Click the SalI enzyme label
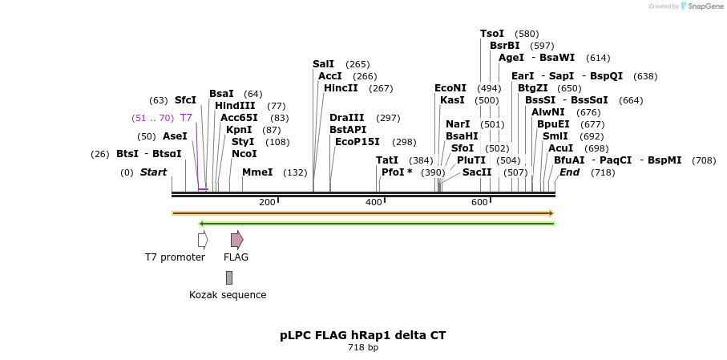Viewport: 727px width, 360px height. pyautogui.click(x=324, y=64)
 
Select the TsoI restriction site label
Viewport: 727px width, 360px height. pyautogui.click(x=492, y=34)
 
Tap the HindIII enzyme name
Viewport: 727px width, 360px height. pyautogui.click(x=235, y=106)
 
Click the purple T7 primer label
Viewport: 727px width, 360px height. pyautogui.click(x=186, y=118)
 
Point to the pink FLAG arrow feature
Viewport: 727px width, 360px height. pyautogui.click(x=236, y=239)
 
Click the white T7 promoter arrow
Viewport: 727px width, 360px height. pyautogui.click(x=203, y=239)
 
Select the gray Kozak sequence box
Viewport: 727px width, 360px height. pyautogui.click(x=229, y=277)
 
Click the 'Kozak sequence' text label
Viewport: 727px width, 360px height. pyautogui.click(x=228, y=295)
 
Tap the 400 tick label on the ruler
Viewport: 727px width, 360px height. pyautogui.click(x=374, y=203)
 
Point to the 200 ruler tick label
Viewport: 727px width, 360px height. pyautogui.click(x=267, y=203)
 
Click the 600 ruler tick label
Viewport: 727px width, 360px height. pyautogui.click(x=479, y=203)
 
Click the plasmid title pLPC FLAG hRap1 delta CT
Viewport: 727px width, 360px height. pyautogui.click(x=363, y=335)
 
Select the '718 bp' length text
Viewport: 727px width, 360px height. pyautogui.click(x=363, y=348)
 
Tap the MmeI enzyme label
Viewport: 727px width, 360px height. pyautogui.click(x=257, y=172)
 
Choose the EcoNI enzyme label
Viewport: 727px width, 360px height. pyautogui.click(x=450, y=88)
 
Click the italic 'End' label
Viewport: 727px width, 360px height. pyautogui.click(x=569, y=172)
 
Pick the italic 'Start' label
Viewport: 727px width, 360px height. pyautogui.click(x=153, y=172)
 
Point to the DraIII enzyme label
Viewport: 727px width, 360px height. pyautogui.click(x=347, y=118)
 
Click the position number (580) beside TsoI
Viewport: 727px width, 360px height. pyautogui.click(x=527, y=34)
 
